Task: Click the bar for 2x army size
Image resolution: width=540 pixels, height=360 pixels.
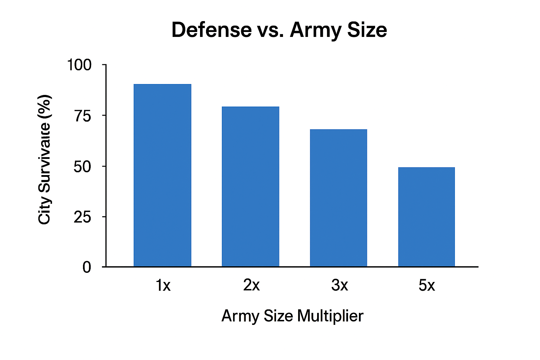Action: pyautogui.click(x=250, y=186)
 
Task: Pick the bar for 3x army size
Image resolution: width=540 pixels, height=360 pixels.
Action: pyautogui.click(x=338, y=198)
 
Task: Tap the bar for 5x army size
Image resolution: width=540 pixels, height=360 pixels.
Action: pyautogui.click(x=426, y=217)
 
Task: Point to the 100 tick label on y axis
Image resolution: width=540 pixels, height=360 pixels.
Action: pyautogui.click(x=79, y=65)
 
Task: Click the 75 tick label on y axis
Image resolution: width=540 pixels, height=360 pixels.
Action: pyautogui.click(x=83, y=116)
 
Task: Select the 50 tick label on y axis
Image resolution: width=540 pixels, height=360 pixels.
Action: pyautogui.click(x=82, y=166)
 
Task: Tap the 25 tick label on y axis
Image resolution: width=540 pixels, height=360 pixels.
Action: pyautogui.click(x=82, y=217)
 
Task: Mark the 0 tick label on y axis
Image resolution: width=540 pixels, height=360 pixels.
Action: pyautogui.click(x=86, y=268)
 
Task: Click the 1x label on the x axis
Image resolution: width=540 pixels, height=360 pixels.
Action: pyautogui.click(x=163, y=285)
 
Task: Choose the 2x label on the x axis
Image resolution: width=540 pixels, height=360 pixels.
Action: pyautogui.click(x=251, y=285)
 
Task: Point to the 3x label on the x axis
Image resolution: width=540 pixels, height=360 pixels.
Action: pyautogui.click(x=339, y=285)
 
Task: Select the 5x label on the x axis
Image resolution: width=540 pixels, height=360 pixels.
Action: pyautogui.click(x=426, y=285)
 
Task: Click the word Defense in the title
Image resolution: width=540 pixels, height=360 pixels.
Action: pyautogui.click(x=211, y=30)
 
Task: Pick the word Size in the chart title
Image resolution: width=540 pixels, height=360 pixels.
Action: pyautogui.click(x=367, y=30)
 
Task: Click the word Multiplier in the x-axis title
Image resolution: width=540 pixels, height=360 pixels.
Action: pyautogui.click(x=330, y=316)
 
